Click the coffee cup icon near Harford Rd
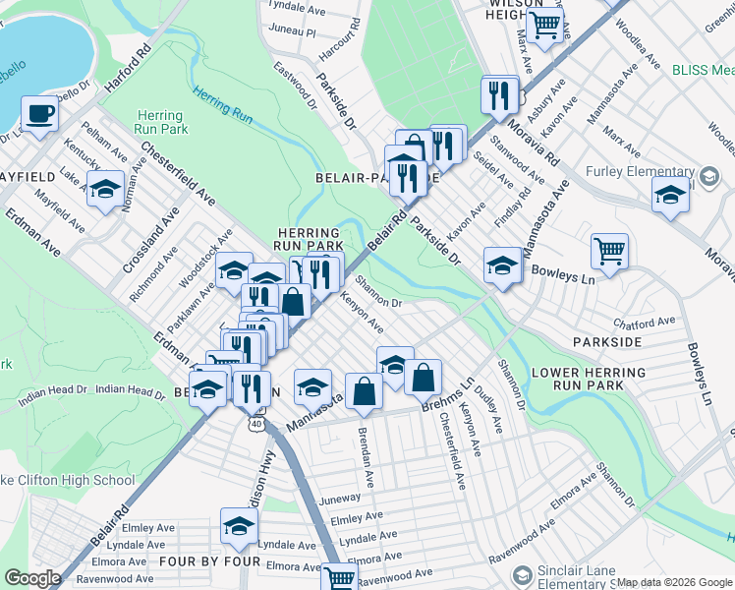(39, 113)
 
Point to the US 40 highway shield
(256, 423)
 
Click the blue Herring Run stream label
(222, 108)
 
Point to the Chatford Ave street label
(645, 322)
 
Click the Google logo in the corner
(32, 578)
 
